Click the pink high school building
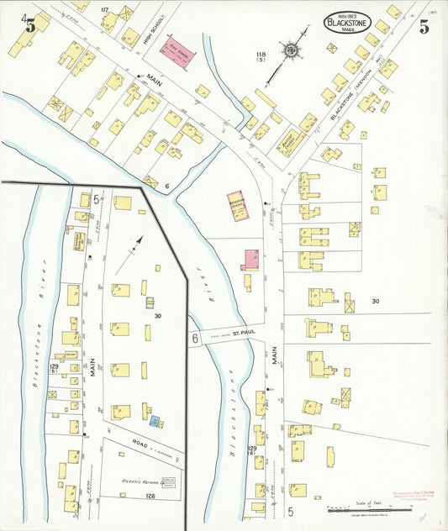pyautogui.click(x=178, y=53)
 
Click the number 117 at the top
pyautogui.click(x=105, y=9)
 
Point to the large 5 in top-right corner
pyautogui.click(x=424, y=27)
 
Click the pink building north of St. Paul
pyautogui.click(x=250, y=260)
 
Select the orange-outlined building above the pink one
pyautogui.click(x=239, y=207)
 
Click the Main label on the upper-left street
pyautogui.click(x=154, y=82)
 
